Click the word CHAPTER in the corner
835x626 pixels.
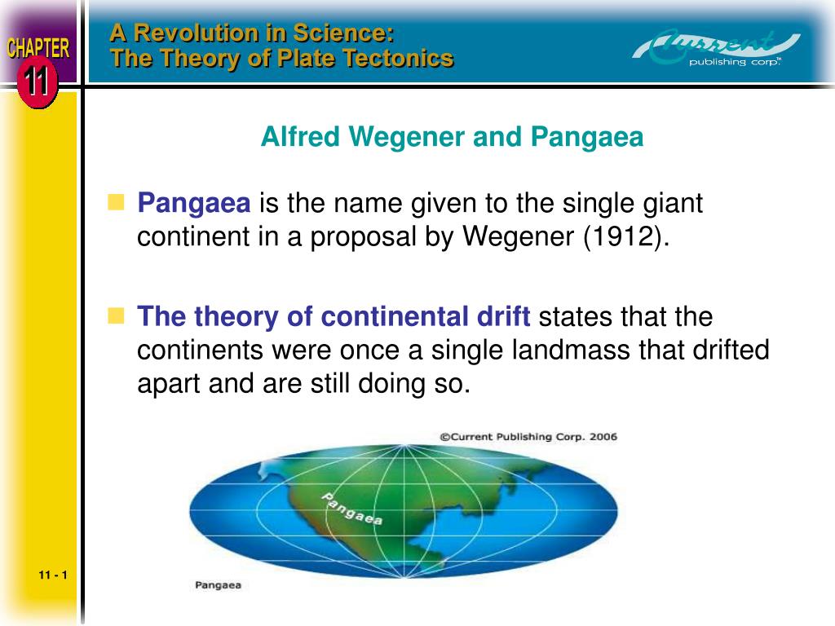tap(38, 48)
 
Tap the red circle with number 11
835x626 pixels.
tap(37, 82)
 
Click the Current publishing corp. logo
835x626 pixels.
tap(717, 48)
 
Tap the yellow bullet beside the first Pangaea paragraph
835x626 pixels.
tap(116, 202)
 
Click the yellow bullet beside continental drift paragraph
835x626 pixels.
tap(116, 315)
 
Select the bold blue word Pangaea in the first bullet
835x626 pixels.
tap(194, 203)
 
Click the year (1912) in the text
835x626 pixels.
tap(625, 236)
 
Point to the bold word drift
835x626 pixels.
tap(503, 316)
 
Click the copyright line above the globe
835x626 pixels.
tap(528, 437)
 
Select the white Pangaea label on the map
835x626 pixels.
tap(352, 509)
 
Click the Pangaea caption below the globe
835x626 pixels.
tap(218, 585)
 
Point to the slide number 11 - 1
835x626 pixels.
tap(53, 575)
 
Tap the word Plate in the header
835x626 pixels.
tap(308, 58)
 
